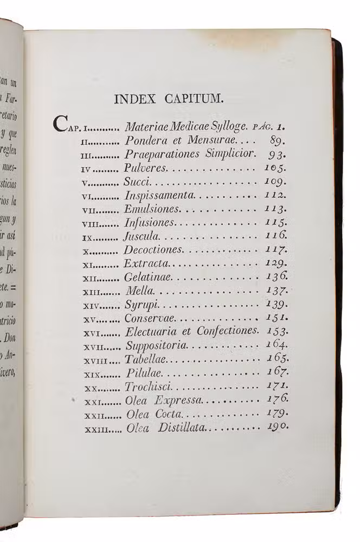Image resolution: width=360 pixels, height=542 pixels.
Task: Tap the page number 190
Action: click(277, 427)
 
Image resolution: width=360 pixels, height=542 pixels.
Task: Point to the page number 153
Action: click(277, 331)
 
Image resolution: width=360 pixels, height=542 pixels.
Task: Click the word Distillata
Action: click(182, 428)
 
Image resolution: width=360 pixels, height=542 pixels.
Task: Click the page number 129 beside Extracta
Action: click(277, 263)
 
